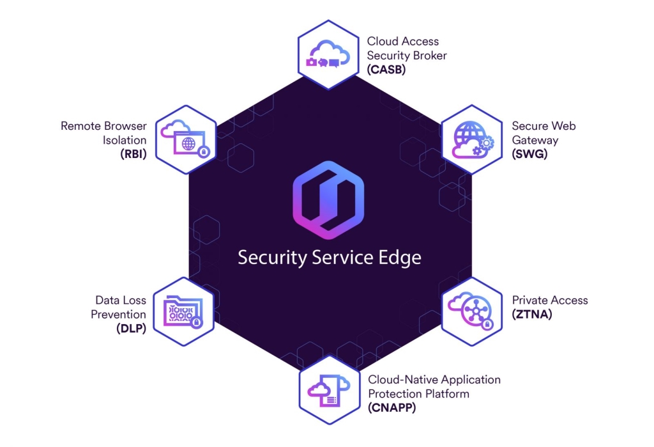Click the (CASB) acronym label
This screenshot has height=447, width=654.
pyautogui.click(x=386, y=69)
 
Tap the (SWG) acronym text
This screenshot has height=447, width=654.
pyautogui.click(x=529, y=153)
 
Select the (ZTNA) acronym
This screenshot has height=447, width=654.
pyautogui.click(x=532, y=314)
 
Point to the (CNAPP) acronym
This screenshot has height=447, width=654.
pyautogui.click(x=392, y=408)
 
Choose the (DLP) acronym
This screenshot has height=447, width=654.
pyautogui.click(x=132, y=328)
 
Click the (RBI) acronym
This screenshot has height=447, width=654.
pyautogui.click(x=133, y=153)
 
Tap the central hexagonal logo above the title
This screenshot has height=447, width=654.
pyautogui.click(x=328, y=200)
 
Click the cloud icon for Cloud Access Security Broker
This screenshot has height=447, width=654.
pyautogui.click(x=328, y=54)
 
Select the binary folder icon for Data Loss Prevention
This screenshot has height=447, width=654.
pyautogui.click(x=183, y=311)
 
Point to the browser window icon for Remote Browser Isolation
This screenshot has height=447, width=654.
pyautogui.click(x=185, y=139)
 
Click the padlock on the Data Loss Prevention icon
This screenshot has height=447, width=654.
pyautogui.click(x=197, y=322)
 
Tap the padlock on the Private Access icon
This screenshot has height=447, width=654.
pyautogui.click(x=487, y=324)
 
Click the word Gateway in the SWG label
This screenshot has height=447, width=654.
pyautogui.click(x=535, y=140)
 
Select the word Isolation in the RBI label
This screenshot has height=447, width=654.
pyautogui.click(x=125, y=140)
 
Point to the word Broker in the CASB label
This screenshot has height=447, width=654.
pyautogui.click(x=430, y=56)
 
